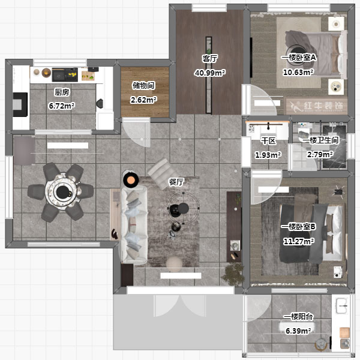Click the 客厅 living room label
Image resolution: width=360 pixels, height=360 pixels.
pos(210,59)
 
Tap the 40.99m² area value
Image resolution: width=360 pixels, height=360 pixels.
pos(210,73)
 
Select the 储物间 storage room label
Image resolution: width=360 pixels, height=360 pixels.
pos(143,86)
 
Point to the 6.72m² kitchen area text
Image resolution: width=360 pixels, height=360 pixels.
pos(62,106)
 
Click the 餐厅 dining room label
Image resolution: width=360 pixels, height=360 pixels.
pos(176,182)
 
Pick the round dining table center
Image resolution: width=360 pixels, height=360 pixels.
pos(62,192)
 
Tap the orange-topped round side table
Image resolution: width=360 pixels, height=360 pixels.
pos(131,180)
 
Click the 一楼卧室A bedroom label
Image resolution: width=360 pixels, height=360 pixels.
pos(298,58)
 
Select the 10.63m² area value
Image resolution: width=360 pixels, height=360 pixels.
pos(298,73)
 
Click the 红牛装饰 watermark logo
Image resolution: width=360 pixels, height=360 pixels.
pos(317,106)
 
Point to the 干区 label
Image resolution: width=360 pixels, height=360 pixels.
pos(268,141)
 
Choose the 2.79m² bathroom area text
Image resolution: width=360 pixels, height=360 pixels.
pos(320,154)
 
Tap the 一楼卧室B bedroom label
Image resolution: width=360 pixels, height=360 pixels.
pos(298,227)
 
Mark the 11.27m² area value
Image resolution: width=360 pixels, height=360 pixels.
pos(299,242)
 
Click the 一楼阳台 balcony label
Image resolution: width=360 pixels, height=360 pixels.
pos(298,317)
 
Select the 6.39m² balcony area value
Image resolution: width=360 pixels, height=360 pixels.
pos(298,331)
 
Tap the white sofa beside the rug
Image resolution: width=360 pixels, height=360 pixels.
pos(134,225)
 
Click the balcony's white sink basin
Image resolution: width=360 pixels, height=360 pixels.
pos(341,305)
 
